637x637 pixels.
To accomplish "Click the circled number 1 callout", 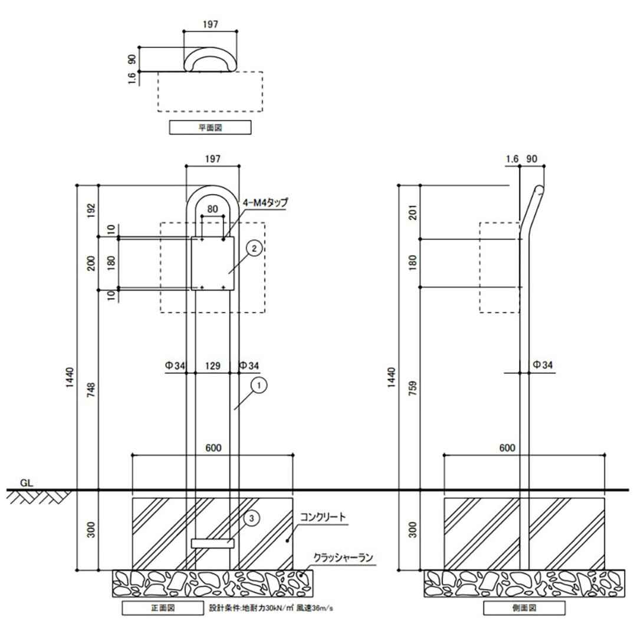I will pyautogui.click(x=258, y=385).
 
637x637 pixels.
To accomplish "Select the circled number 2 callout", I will pyautogui.click(x=254, y=249).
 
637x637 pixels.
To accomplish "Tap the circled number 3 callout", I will pyautogui.click(x=251, y=518).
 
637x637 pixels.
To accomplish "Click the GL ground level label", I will pyautogui.click(x=27, y=482).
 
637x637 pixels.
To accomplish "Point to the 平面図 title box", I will pyautogui.click(x=211, y=127).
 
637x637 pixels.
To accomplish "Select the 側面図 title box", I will pyautogui.click(x=524, y=608).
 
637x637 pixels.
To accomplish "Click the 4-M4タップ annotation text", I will pyautogui.click(x=264, y=203).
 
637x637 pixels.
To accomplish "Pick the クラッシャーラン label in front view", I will pyautogui.click(x=344, y=557).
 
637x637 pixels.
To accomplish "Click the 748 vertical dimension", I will pyautogui.click(x=90, y=390).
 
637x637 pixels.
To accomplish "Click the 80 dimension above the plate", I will pyautogui.click(x=212, y=209).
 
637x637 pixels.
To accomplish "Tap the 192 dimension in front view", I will pyautogui.click(x=90, y=211).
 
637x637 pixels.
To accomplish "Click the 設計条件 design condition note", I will pyautogui.click(x=275, y=607).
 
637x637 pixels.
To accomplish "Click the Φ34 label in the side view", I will pyautogui.click(x=543, y=365).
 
